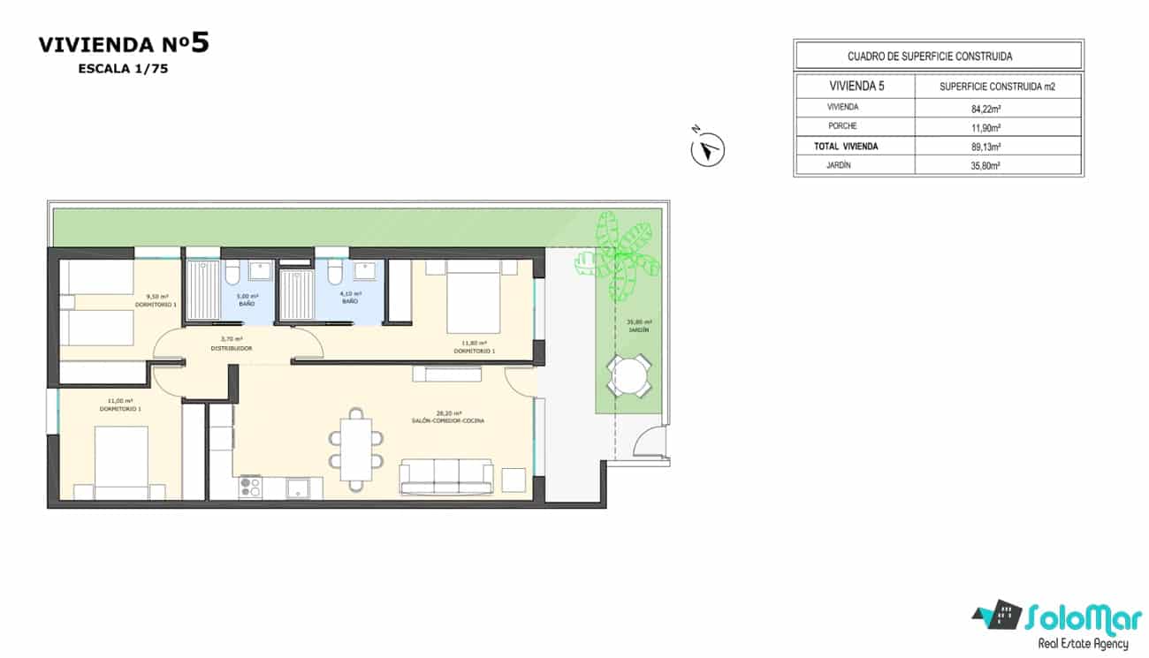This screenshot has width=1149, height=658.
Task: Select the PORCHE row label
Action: pos(842,126)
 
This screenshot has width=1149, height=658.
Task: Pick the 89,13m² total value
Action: pos(998,147)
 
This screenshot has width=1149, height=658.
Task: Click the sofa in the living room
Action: pos(446,477)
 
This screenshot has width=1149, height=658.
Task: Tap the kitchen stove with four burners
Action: pos(250,487)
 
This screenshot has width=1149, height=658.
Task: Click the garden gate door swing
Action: pos(652,442)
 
